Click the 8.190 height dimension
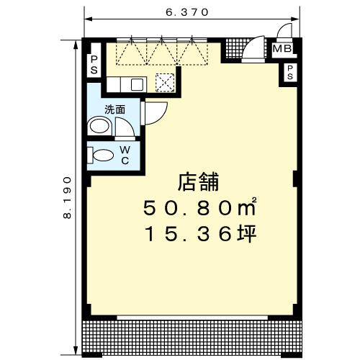click(x=68, y=196)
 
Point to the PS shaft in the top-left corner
click(x=94, y=65)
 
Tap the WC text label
click(x=125, y=154)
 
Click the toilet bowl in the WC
click(x=102, y=155)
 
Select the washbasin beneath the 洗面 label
click(x=99, y=127)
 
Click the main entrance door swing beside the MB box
click(x=253, y=51)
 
